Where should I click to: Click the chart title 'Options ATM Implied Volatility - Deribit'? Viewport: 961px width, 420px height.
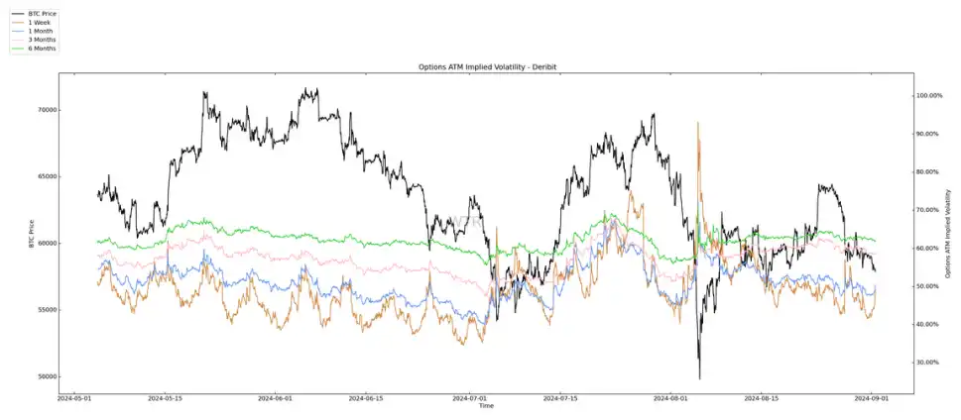(x=487, y=66)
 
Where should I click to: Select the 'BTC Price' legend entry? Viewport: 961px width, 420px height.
(x=42, y=14)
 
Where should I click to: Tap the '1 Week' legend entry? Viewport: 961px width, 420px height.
(x=39, y=23)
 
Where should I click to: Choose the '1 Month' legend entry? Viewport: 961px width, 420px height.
(x=40, y=31)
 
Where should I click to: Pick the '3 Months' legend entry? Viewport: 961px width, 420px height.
(x=42, y=40)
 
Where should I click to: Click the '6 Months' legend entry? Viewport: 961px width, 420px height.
(x=42, y=48)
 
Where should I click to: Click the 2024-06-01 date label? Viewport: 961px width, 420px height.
(x=276, y=399)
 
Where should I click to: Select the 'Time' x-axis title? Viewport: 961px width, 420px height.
(x=486, y=406)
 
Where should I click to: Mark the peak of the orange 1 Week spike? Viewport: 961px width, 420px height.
(x=698, y=123)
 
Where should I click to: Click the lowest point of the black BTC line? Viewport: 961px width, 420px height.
(x=699, y=378)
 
